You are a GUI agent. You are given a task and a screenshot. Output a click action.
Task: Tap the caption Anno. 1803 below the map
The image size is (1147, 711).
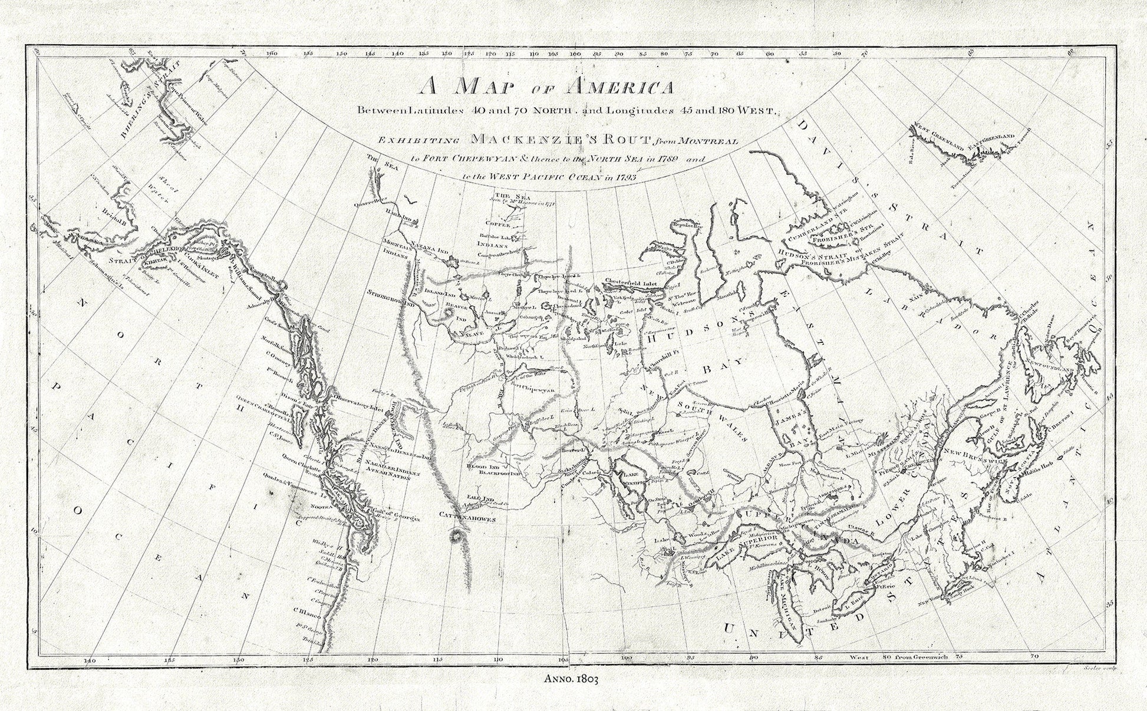(573, 680)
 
